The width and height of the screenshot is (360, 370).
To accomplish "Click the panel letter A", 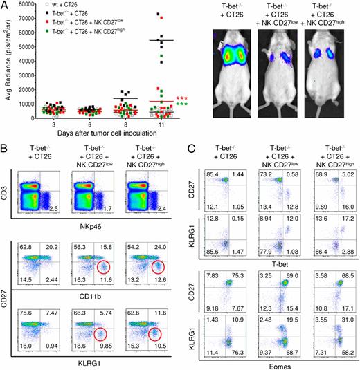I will pyautogui.click(x=6, y=6).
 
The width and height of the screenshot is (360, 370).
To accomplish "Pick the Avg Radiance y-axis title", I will pyautogui.click(x=6, y=62).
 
